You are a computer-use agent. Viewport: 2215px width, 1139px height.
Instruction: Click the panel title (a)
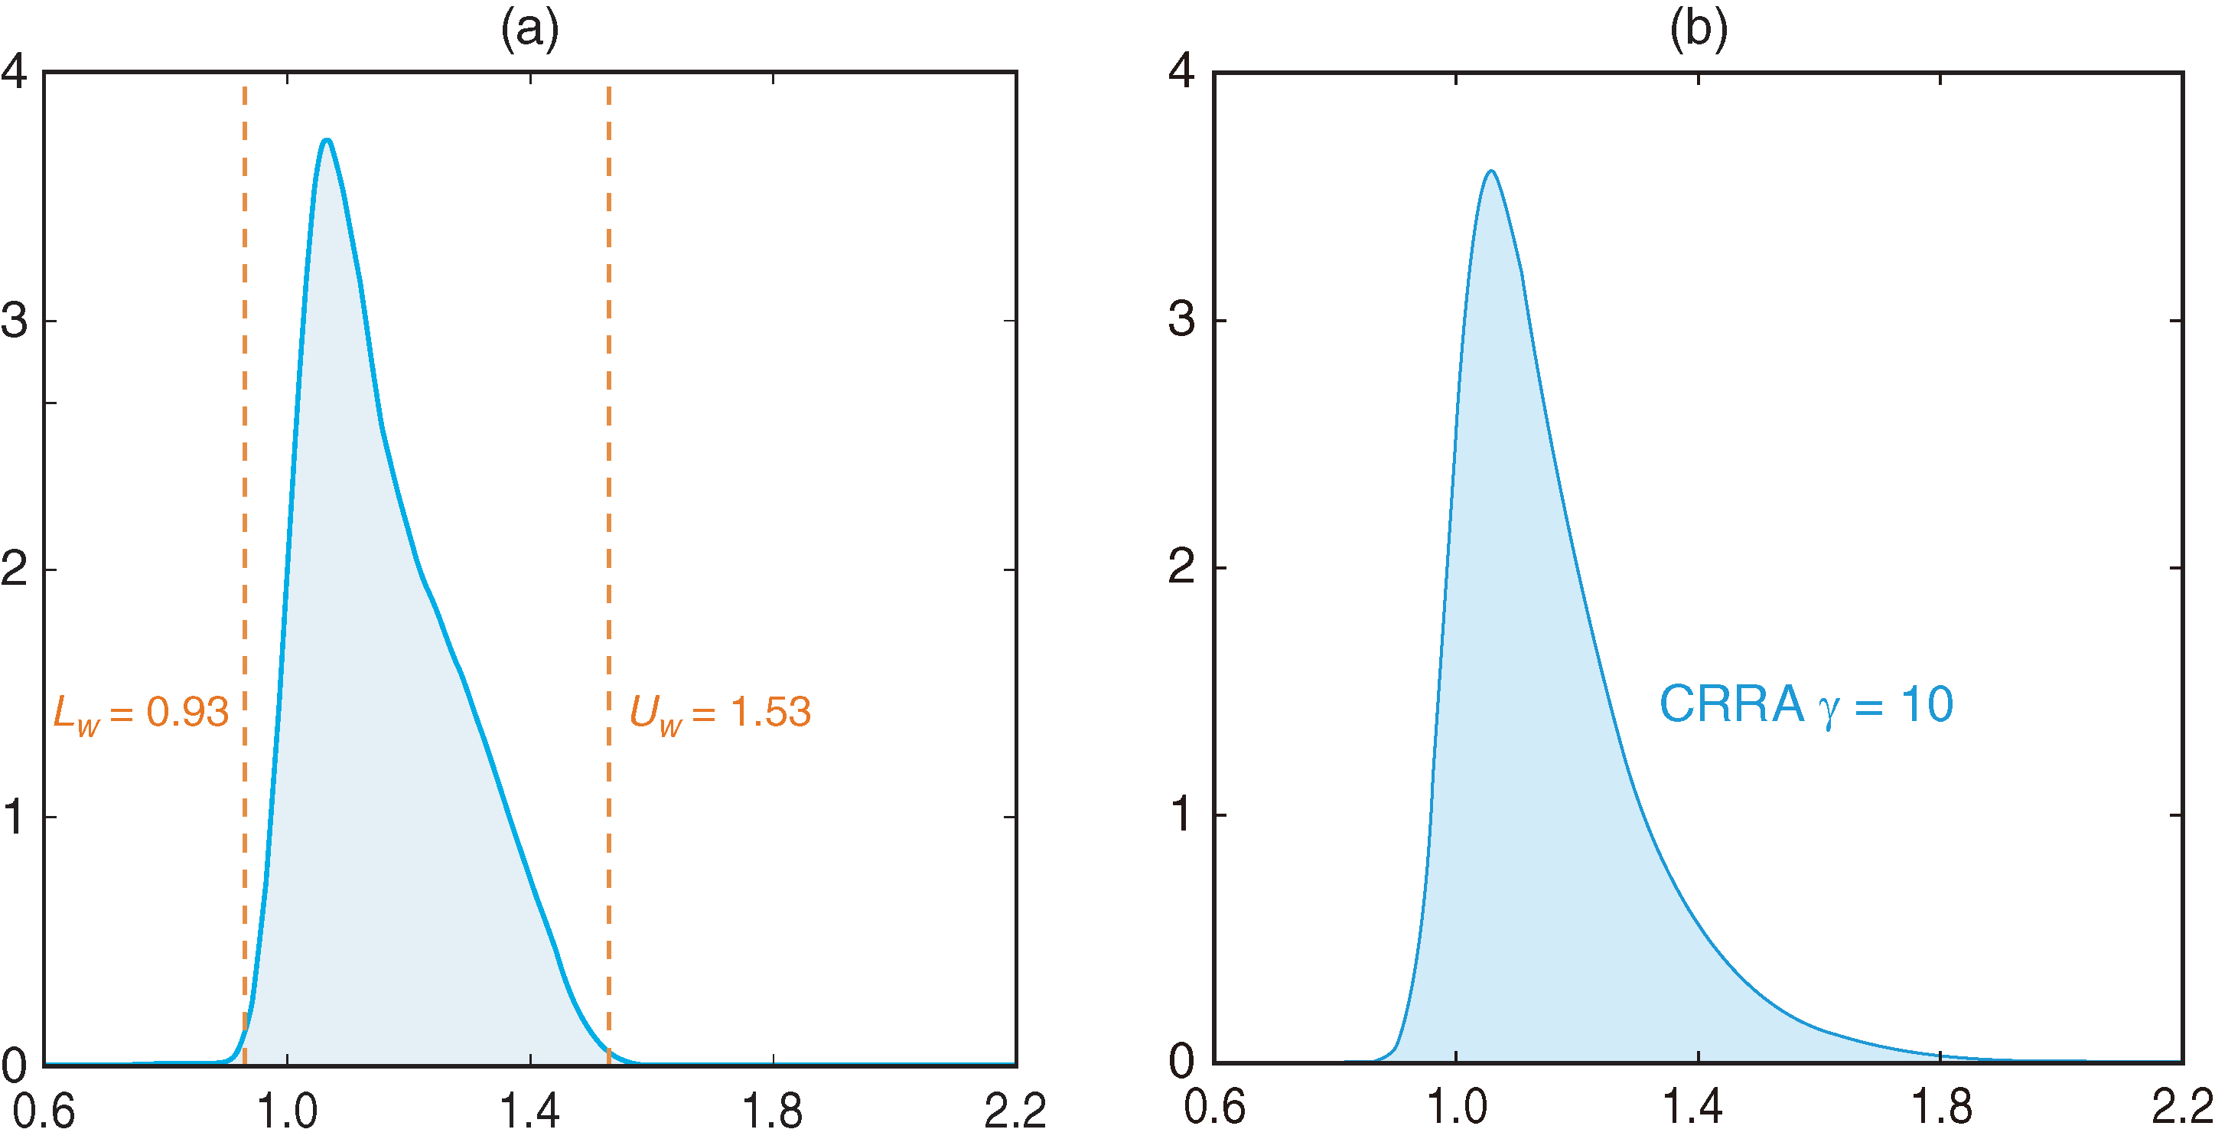[529, 30]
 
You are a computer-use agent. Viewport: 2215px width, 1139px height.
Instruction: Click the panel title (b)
[1699, 30]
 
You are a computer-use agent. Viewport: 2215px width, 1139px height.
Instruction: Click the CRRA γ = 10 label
[1806, 706]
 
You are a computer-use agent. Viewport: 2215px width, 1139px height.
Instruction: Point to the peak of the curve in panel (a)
[327, 140]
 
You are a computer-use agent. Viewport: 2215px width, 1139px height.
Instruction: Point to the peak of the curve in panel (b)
[1491, 172]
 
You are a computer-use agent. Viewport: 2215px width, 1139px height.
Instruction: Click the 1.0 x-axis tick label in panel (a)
[287, 1111]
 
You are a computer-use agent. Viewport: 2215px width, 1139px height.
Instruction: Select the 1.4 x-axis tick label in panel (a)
[529, 1111]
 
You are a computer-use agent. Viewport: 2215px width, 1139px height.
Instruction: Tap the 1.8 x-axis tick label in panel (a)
[772, 1111]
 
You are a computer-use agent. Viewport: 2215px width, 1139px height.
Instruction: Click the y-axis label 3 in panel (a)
[15, 321]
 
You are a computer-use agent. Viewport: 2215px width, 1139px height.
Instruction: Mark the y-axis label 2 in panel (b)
[1181, 567]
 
